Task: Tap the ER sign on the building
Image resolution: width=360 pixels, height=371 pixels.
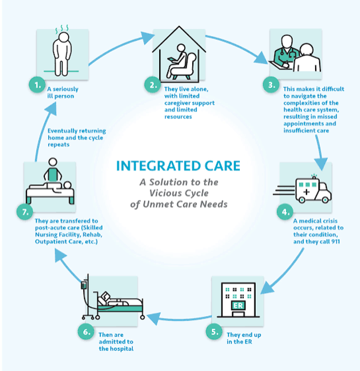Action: (x=238, y=306)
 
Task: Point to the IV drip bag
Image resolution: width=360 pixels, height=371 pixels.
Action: (x=84, y=285)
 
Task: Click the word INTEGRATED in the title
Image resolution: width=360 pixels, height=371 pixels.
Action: (x=150, y=166)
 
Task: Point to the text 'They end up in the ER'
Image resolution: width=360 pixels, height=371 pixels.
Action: (x=244, y=338)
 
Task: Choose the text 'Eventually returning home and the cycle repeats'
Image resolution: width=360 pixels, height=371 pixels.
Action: (x=77, y=137)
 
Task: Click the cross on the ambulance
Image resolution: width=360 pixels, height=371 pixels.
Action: (x=306, y=191)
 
